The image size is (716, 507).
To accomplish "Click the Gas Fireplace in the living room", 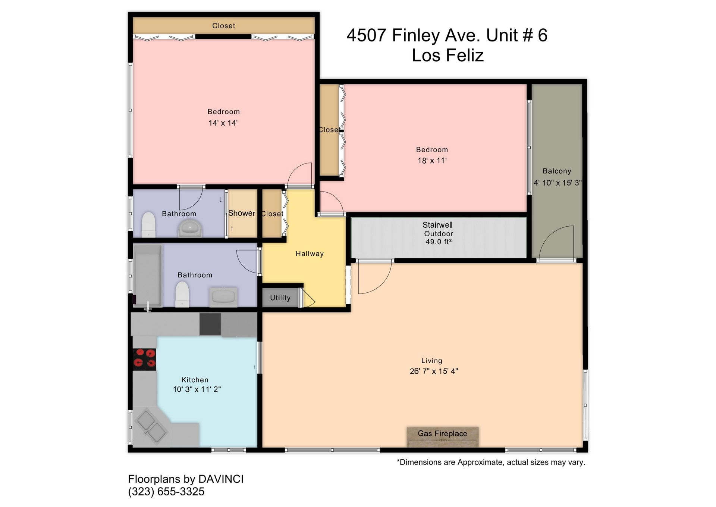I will (x=442, y=436).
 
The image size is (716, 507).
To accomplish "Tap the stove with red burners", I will (x=145, y=358).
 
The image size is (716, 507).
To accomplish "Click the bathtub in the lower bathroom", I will (x=148, y=276).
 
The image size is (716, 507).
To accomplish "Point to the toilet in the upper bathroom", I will (x=148, y=225).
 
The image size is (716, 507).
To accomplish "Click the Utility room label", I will (x=280, y=298).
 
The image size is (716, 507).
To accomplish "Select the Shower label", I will (x=242, y=213).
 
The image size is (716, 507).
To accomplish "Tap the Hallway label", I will (x=310, y=254).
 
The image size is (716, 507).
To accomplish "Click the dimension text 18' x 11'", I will (x=432, y=161).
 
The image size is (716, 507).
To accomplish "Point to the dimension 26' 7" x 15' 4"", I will (x=433, y=371).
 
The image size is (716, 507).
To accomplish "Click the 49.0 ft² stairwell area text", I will (x=438, y=242).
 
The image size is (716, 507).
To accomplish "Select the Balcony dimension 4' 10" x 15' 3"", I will (x=557, y=183).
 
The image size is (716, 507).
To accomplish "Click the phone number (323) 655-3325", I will (x=166, y=492).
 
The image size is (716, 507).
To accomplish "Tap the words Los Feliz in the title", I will (x=447, y=56).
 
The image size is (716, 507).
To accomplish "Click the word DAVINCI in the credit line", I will (x=221, y=479).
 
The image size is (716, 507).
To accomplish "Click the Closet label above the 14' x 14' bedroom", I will (x=223, y=26).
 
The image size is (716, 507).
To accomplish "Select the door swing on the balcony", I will (x=557, y=243).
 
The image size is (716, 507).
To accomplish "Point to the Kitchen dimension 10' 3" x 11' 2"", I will (x=197, y=389).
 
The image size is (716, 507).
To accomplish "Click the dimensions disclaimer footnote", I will (x=491, y=462).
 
